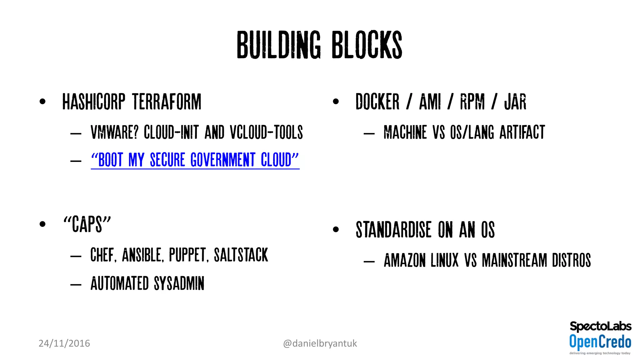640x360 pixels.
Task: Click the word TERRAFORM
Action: (167, 102)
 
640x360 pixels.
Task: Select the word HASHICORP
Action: (94, 102)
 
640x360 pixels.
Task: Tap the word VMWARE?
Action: (114, 132)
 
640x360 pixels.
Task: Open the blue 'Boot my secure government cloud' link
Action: (195, 160)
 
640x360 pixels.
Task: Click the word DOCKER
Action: (377, 102)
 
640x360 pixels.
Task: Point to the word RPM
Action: (472, 102)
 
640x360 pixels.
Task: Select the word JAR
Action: (515, 102)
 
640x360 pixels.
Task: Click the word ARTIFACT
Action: (522, 132)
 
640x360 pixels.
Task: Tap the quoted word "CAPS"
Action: (87, 224)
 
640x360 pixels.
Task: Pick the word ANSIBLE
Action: (142, 255)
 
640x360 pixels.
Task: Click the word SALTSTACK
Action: (241, 255)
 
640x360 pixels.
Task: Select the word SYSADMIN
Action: (179, 283)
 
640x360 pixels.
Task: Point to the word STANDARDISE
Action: (393, 230)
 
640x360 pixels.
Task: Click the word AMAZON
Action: (405, 260)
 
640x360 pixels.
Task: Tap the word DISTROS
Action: (571, 260)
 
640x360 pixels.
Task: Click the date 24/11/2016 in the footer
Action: (64, 343)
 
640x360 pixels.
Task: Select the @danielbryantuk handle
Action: (320, 343)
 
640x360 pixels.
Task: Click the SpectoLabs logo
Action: (600, 327)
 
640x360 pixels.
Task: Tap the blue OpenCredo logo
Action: (600, 342)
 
